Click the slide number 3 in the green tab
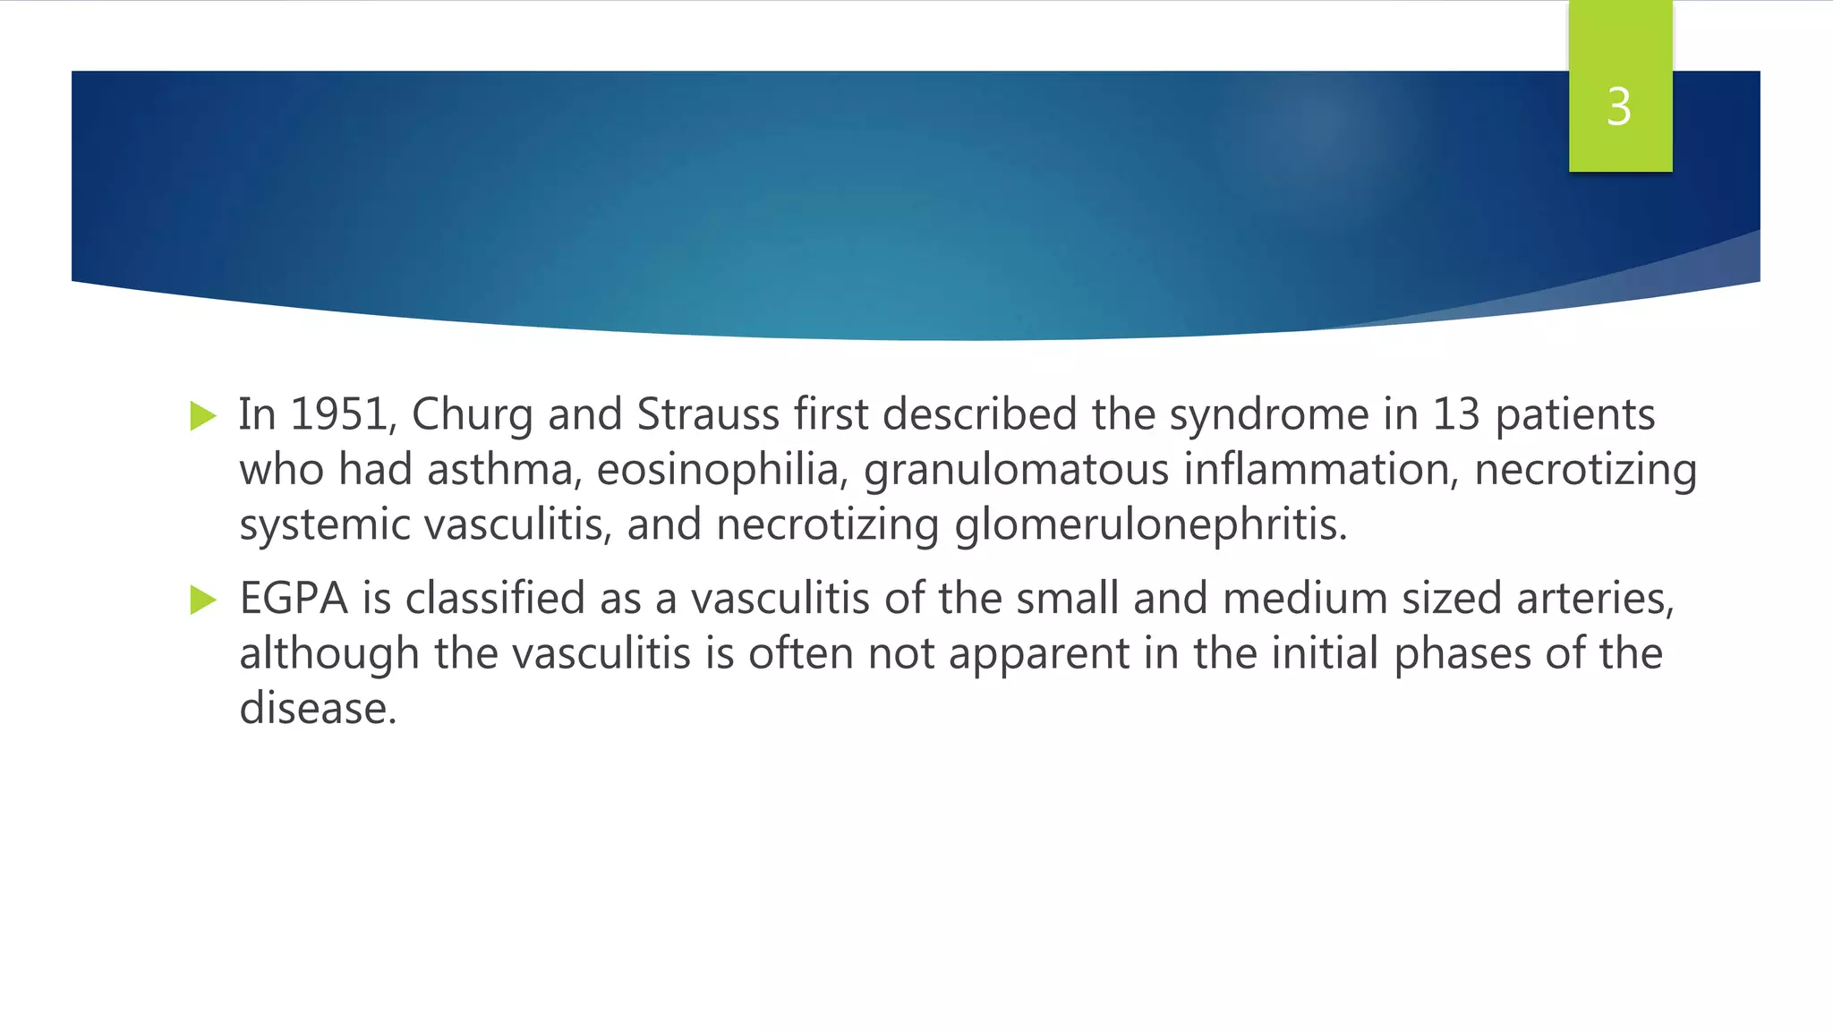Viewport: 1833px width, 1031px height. click(x=1618, y=107)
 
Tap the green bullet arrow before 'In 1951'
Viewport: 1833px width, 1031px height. click(x=203, y=416)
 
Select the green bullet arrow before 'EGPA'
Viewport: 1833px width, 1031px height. click(x=203, y=600)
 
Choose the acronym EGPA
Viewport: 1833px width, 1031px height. click(x=294, y=599)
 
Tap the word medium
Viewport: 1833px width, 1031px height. click(x=1305, y=599)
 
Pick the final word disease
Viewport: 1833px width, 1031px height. click(x=317, y=709)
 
